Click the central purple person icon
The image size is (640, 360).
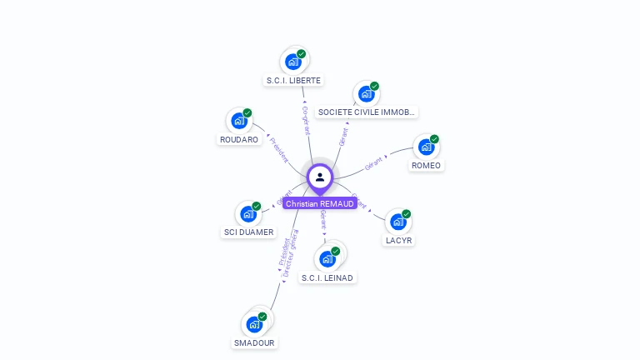click(x=320, y=177)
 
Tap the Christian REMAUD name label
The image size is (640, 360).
click(x=320, y=203)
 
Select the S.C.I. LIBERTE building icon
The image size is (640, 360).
click(x=292, y=62)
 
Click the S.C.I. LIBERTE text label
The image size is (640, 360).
click(x=293, y=81)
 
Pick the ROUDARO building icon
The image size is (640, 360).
click(x=238, y=121)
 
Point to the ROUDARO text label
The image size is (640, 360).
click(x=239, y=140)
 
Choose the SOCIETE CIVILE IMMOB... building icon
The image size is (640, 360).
click(x=366, y=93)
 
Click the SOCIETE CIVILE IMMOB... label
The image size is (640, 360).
click(x=367, y=112)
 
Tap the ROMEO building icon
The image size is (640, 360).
click(x=426, y=147)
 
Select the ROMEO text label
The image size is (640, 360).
click(x=427, y=165)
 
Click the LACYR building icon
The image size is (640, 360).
click(x=398, y=222)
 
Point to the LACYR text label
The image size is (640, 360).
click(x=399, y=241)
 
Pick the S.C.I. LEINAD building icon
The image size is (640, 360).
click(x=327, y=258)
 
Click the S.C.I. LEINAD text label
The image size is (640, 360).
click(x=327, y=277)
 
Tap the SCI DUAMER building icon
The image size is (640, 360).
click(x=247, y=213)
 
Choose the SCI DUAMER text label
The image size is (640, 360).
click(x=248, y=232)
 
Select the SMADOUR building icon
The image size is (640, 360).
click(x=254, y=324)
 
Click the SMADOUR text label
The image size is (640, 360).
click(x=254, y=342)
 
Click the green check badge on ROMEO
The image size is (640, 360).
click(x=434, y=139)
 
